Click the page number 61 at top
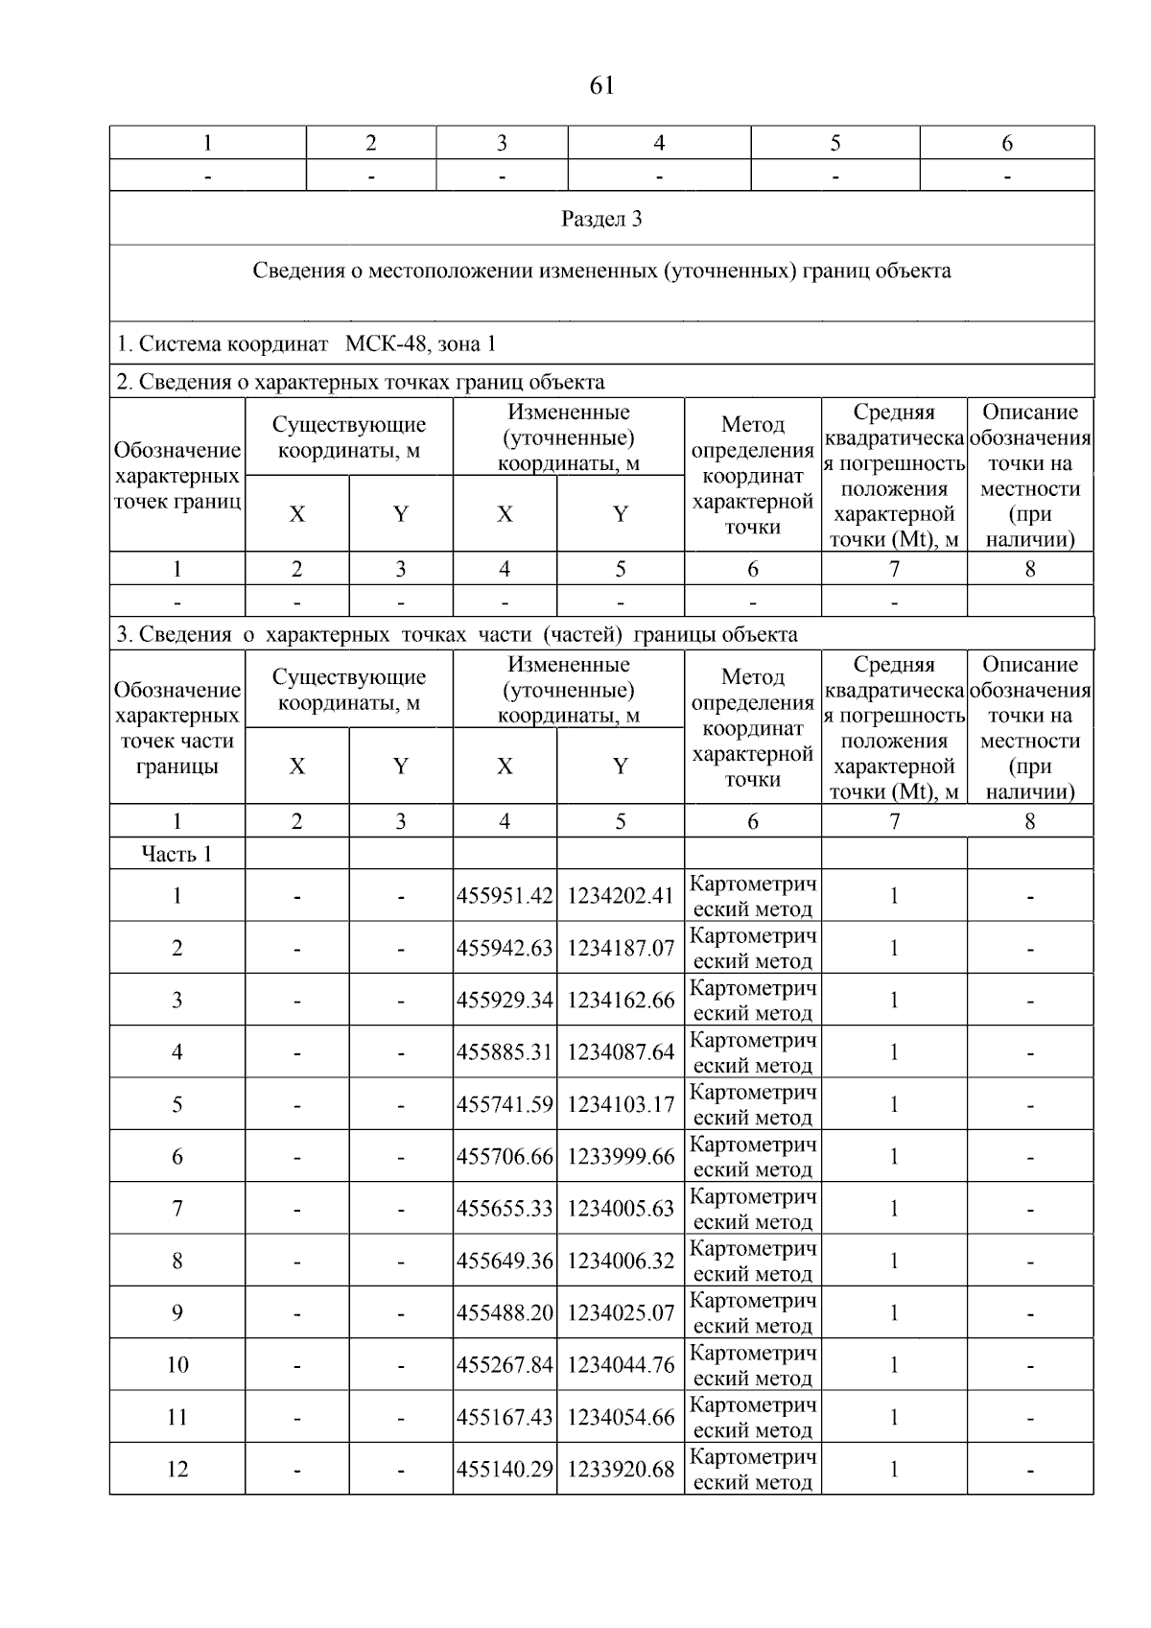tap(601, 86)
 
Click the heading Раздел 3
tap(601, 219)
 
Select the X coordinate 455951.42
tap(505, 896)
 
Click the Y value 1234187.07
tap(621, 948)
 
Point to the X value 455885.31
tap(505, 1052)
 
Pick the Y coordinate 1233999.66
tap(621, 1157)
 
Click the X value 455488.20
tap(505, 1312)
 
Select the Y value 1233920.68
tap(621, 1469)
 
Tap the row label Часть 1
tap(177, 854)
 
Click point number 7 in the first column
tap(177, 1209)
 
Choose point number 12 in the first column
tap(177, 1469)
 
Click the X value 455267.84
tap(505, 1365)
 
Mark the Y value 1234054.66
tap(621, 1417)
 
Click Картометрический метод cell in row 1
tap(753, 896)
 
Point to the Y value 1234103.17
tap(621, 1104)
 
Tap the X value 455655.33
tap(505, 1209)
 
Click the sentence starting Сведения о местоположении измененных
tap(601, 271)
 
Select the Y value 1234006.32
tap(621, 1261)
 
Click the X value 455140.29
tap(505, 1469)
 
